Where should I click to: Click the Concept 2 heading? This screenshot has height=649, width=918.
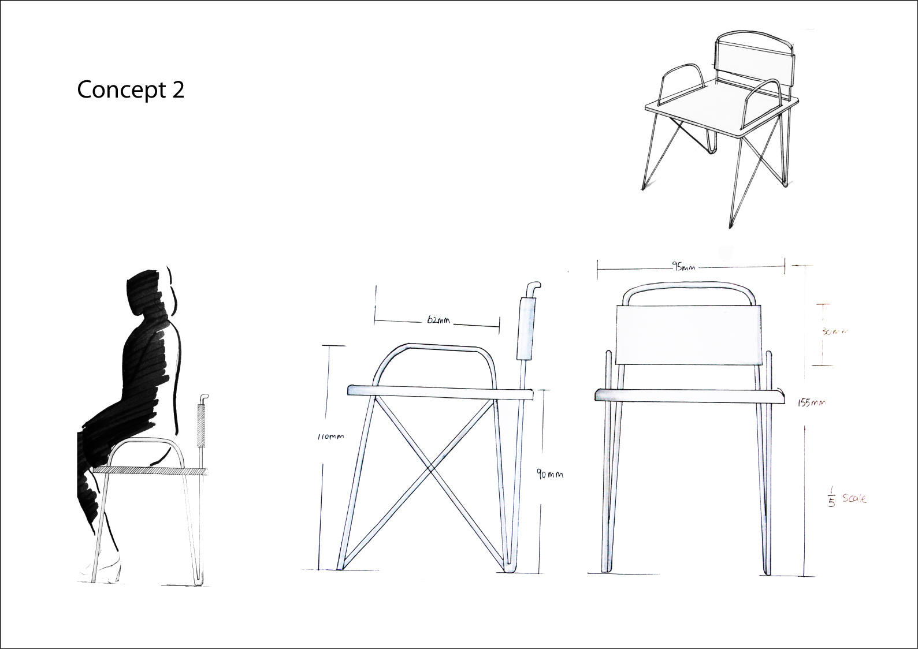tap(131, 90)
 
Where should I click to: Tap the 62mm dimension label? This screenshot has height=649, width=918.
tap(438, 320)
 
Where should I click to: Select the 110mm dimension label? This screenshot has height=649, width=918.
tap(330, 437)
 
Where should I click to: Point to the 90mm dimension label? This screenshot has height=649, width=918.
tap(549, 475)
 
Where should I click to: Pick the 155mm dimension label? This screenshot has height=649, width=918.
tap(811, 402)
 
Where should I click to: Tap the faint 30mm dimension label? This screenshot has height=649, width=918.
tap(834, 332)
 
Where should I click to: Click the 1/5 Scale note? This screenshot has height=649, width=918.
tap(847, 498)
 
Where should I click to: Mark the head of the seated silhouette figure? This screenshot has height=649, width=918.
tap(144, 292)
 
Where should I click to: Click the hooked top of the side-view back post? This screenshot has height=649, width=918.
tap(533, 286)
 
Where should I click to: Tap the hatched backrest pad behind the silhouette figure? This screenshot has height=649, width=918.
tap(202, 426)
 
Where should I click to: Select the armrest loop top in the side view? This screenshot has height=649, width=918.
tap(442, 346)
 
